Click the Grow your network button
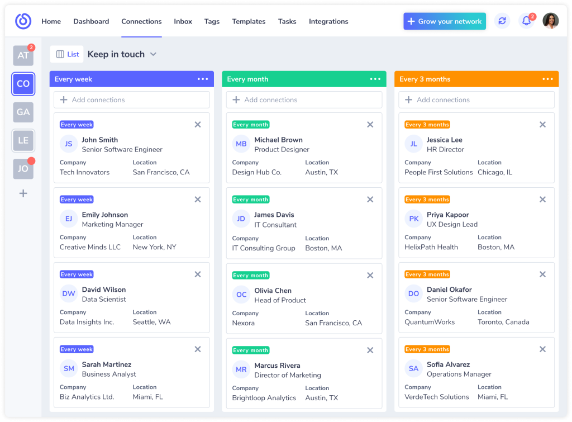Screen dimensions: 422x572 click(x=444, y=21)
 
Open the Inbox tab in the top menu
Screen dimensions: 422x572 click(x=183, y=21)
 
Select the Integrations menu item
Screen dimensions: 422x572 click(x=328, y=21)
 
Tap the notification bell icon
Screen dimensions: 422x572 click(x=526, y=21)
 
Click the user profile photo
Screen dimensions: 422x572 click(x=550, y=21)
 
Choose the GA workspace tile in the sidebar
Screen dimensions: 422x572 click(x=23, y=112)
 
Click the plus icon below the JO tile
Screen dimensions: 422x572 click(x=23, y=193)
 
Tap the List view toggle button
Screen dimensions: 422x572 click(x=67, y=54)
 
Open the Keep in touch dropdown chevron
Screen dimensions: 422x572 click(x=153, y=54)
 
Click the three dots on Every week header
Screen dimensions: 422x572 click(x=203, y=79)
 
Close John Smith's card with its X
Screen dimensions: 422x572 click(x=198, y=125)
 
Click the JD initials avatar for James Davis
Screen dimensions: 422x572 click(x=241, y=219)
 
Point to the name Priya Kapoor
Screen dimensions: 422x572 click(x=447, y=215)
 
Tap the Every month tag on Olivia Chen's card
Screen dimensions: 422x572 click(x=251, y=275)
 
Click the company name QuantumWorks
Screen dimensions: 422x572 click(x=430, y=322)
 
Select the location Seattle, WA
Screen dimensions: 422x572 click(x=151, y=322)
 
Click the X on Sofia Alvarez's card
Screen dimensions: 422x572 click(x=542, y=349)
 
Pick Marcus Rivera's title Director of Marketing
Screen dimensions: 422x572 click(x=288, y=375)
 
